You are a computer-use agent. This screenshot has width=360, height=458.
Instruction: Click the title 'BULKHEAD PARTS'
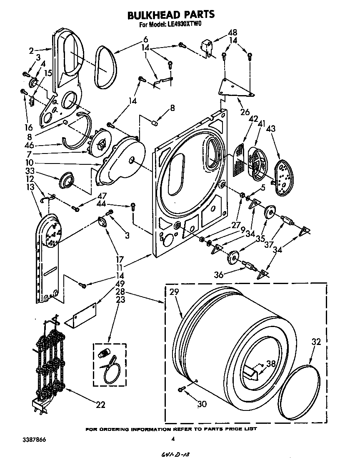171,15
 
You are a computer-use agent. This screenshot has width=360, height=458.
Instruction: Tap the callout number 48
232,33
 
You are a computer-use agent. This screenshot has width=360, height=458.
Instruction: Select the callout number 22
100,405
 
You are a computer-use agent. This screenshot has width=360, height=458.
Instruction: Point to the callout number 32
317,342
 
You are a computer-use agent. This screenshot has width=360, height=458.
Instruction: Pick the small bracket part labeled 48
206,46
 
